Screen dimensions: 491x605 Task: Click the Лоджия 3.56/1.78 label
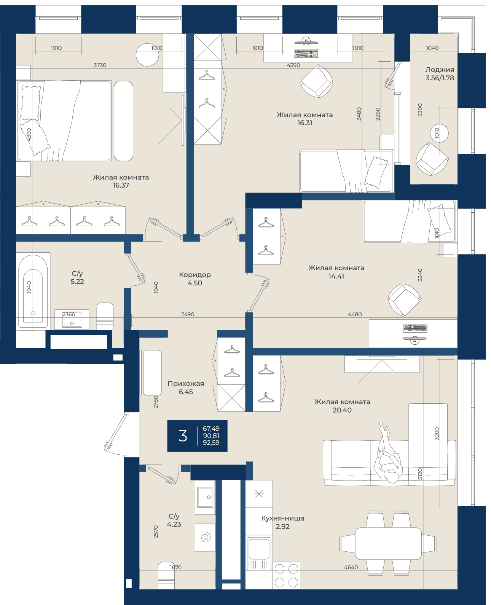440,74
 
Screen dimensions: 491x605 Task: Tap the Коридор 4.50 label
195,279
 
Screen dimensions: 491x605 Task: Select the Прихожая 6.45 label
186,387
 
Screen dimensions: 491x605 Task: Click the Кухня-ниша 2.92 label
283,522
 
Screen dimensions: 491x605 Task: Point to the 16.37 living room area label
121,185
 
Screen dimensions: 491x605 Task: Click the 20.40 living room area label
342,410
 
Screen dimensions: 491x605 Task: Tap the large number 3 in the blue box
183,435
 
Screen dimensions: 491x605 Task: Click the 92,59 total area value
211,442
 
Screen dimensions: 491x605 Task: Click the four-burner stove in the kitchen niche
286,575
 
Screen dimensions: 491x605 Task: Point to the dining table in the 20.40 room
388,543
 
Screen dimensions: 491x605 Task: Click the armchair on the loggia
432,159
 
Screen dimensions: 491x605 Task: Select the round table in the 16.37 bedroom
147,54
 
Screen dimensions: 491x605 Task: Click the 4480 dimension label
355,314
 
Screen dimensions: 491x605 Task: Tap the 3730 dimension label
100,65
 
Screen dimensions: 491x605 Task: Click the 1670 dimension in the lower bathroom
175,567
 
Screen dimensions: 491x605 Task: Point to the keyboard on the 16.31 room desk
306,53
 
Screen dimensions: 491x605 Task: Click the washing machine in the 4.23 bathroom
205,538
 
